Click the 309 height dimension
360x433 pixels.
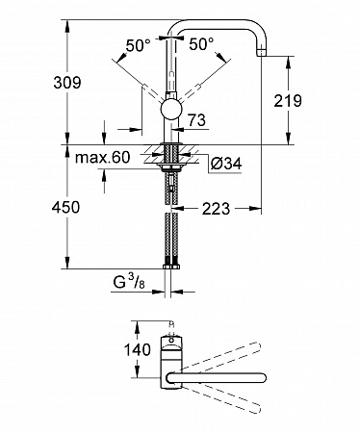(67, 83)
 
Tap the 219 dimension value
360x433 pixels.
(288, 101)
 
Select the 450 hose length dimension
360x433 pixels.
(65, 207)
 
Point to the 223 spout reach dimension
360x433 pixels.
(216, 209)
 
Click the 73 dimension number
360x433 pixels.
(196, 120)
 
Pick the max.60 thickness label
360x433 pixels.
(103, 157)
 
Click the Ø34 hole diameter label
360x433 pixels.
(226, 164)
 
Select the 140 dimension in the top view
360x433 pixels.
(138, 349)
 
